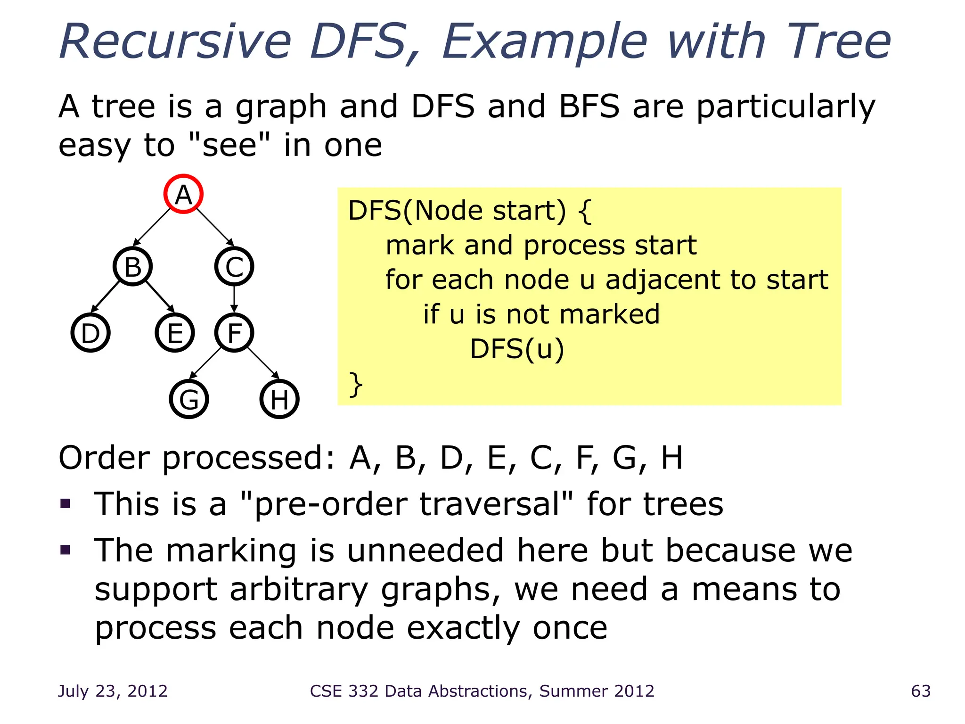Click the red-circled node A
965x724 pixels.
[x=183, y=194]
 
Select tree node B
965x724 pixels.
[x=132, y=266]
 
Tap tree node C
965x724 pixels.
[x=234, y=266]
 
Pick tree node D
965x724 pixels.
[x=90, y=333]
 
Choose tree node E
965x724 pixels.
[x=175, y=333]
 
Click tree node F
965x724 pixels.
[x=234, y=333]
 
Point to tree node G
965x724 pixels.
[x=189, y=399]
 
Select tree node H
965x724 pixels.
[x=279, y=399]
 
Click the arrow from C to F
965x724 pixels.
[x=234, y=299]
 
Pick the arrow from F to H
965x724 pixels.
[x=262, y=363]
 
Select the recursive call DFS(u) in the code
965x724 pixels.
[x=517, y=349]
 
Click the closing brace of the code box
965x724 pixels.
[x=356, y=384]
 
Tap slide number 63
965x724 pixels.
[x=921, y=691]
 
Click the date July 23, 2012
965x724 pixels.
[x=113, y=691]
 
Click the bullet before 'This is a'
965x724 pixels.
[x=65, y=504]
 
